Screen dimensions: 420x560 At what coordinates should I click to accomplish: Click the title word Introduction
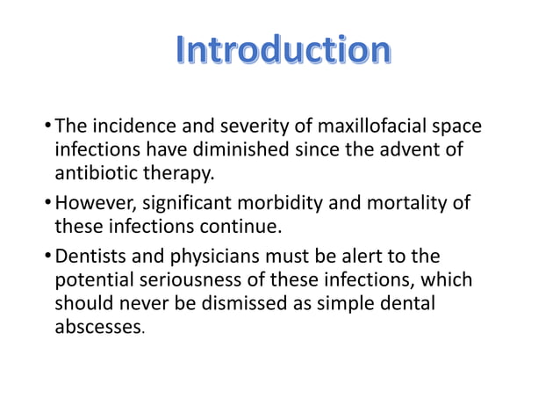[x=279, y=50]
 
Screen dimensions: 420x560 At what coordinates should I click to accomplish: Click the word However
[x=92, y=205]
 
